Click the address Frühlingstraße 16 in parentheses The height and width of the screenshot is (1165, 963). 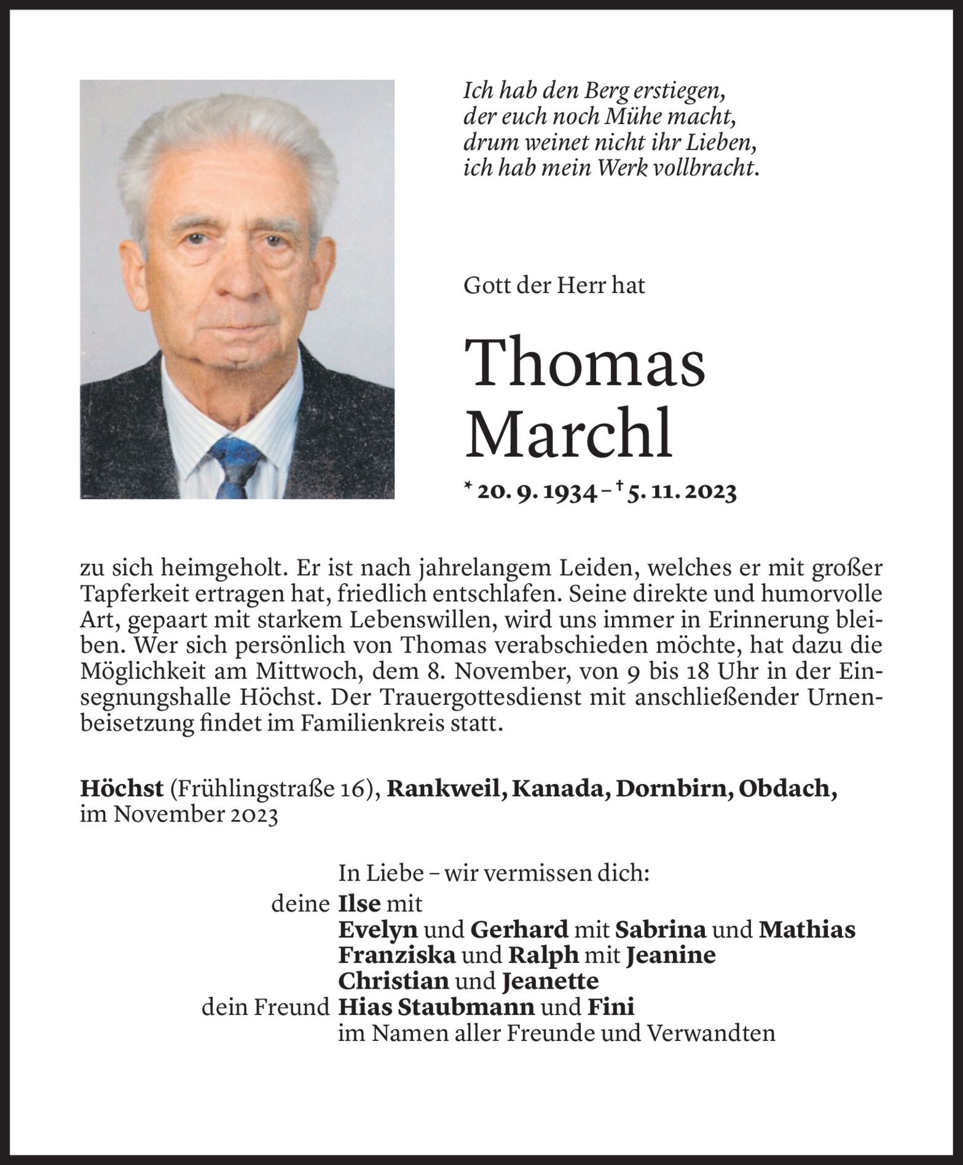[x=273, y=790]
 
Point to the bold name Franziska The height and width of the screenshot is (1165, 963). [x=397, y=955]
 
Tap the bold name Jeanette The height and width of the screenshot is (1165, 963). [x=550, y=981]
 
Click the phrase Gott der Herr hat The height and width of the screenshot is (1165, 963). [x=554, y=286]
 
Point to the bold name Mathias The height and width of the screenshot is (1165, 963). [x=806, y=930]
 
